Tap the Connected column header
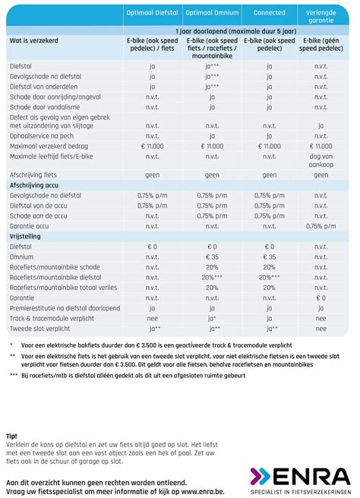pos(269,13)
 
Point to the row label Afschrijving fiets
pos(33,174)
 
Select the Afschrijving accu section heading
pos(37,184)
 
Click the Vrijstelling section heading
pos(26,236)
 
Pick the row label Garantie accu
pos(30,225)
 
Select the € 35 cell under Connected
pos(269,257)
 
